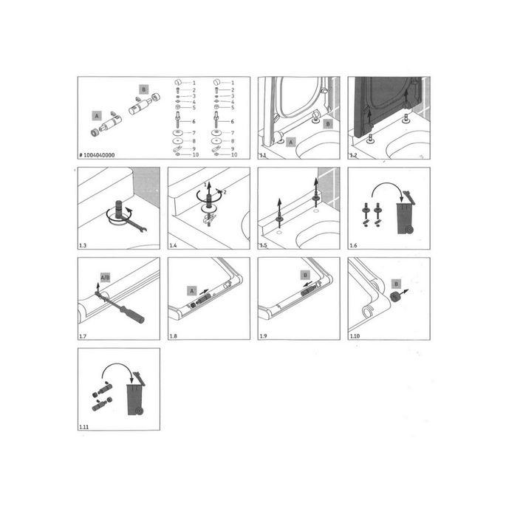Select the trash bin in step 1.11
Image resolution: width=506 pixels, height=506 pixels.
pyautogui.click(x=135, y=400)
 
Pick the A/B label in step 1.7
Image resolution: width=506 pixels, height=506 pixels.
pyautogui.click(x=106, y=278)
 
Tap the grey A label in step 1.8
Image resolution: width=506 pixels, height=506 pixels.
pyautogui.click(x=192, y=291)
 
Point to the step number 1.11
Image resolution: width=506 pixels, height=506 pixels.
pyautogui.click(x=83, y=427)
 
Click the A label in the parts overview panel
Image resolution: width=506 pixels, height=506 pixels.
pyautogui.click(x=96, y=116)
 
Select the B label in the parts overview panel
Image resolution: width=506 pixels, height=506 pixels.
pyautogui.click(x=143, y=89)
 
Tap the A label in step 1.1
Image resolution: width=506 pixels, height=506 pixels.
pyautogui.click(x=290, y=141)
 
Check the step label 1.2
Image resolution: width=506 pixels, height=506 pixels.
pyautogui.click(x=352, y=155)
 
